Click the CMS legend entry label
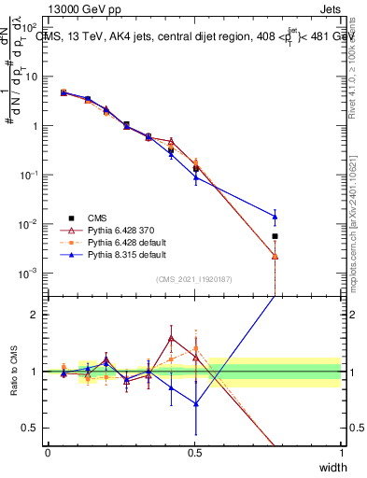tap(97, 215)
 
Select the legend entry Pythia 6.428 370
tap(121, 228)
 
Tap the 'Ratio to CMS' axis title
tap(12, 371)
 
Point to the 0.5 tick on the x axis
tap(195, 453)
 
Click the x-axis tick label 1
tap(342, 453)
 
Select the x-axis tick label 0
tap(49, 453)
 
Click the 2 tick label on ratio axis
tap(35, 315)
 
